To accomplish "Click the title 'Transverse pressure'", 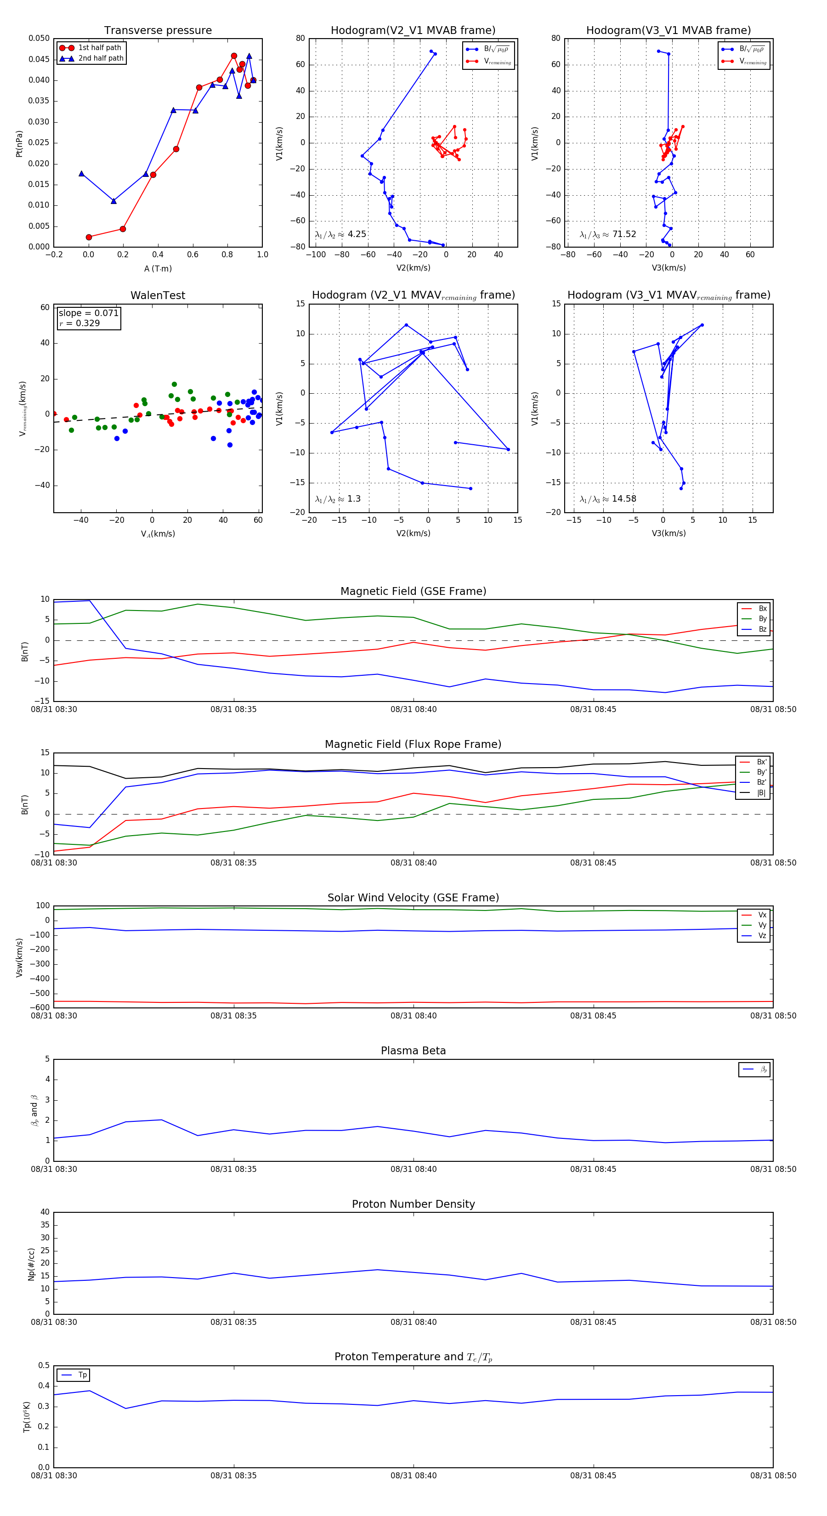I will pyautogui.click(x=158, y=31).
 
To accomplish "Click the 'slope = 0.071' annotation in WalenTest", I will pyautogui.click(x=88, y=313).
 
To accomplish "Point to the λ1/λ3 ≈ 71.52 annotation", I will pyautogui.click(x=607, y=234).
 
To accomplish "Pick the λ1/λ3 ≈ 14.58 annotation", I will pyautogui.click(x=607, y=499).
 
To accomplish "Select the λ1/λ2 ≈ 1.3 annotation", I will pyautogui.click(x=337, y=499).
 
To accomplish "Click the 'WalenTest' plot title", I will pyautogui.click(x=158, y=295).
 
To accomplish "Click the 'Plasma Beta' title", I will pyautogui.click(x=413, y=1051).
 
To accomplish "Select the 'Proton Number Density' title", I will pyautogui.click(x=413, y=1204).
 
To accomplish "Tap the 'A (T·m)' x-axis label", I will pyautogui.click(x=158, y=268).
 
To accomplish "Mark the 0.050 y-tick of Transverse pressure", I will pyautogui.click(x=40, y=38).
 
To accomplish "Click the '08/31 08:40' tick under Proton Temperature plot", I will pyautogui.click(x=413, y=1476).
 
